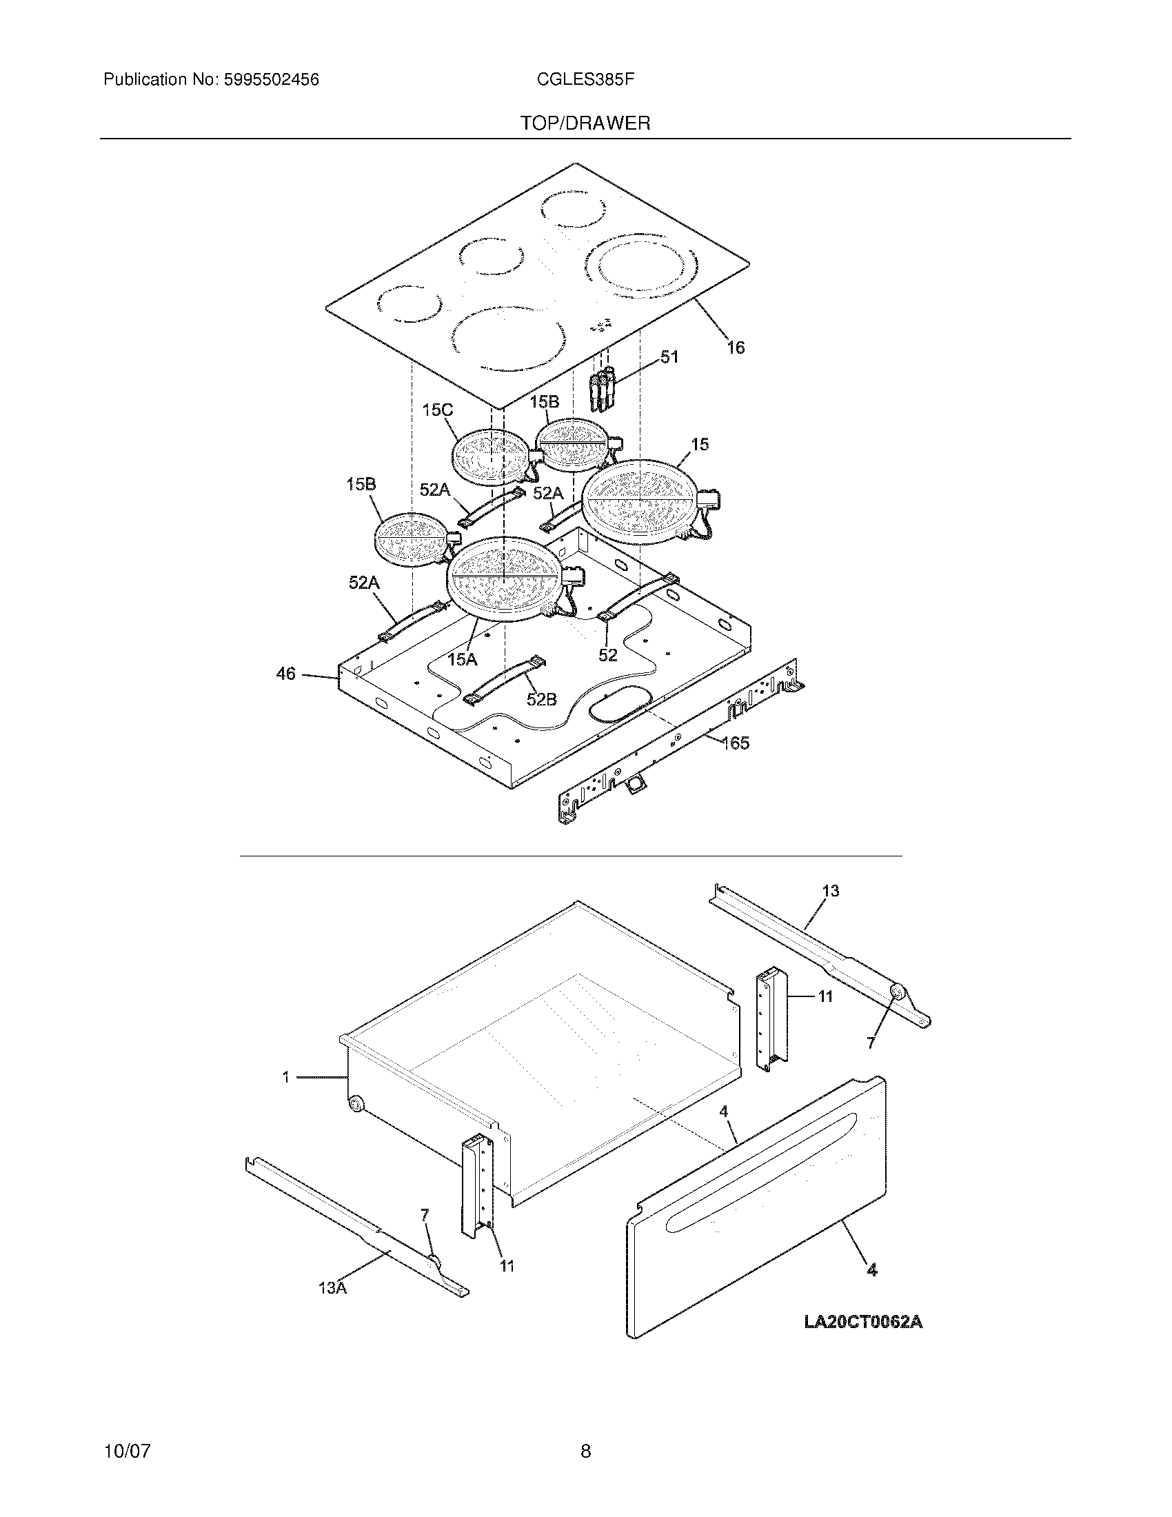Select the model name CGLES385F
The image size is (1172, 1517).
(x=585, y=80)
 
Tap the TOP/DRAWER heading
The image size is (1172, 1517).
(x=585, y=123)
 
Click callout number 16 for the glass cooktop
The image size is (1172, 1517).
(x=736, y=348)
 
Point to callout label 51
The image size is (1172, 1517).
(x=669, y=357)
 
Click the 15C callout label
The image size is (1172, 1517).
(x=437, y=410)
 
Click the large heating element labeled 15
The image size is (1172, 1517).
(x=638, y=499)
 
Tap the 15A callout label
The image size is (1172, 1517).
(x=462, y=659)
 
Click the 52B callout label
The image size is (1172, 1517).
(x=542, y=699)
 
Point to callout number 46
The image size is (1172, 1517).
(x=286, y=673)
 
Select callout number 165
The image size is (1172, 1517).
(x=736, y=743)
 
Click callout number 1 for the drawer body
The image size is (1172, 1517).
(x=285, y=1077)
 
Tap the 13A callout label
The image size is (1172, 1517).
(x=332, y=1287)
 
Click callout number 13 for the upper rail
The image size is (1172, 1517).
(x=831, y=890)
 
